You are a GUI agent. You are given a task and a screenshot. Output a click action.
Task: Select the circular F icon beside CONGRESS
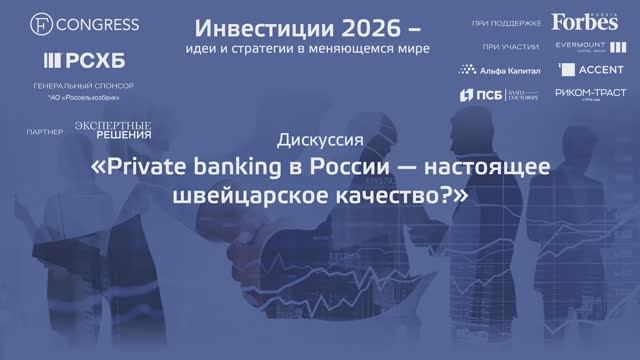point(40,21)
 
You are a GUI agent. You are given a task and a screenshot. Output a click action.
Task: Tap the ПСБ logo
point(482,97)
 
